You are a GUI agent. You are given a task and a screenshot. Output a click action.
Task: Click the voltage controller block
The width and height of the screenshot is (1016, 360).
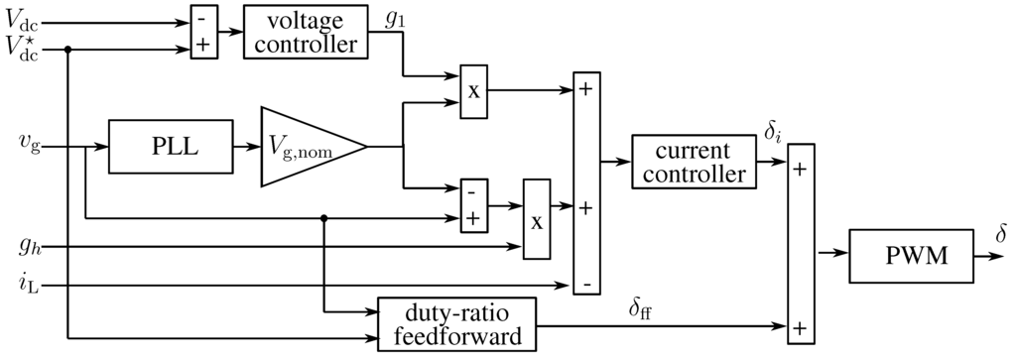click(x=305, y=32)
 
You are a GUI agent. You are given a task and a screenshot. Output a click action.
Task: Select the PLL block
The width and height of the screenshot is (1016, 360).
click(x=164, y=148)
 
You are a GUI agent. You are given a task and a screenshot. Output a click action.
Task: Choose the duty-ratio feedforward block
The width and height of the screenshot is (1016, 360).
click(x=455, y=322)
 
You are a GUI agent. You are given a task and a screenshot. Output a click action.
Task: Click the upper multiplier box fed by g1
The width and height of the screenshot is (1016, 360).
click(x=473, y=90)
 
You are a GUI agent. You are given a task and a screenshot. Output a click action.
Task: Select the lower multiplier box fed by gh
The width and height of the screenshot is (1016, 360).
click(x=537, y=220)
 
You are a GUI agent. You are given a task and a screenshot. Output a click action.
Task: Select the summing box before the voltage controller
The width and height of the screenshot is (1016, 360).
click(x=204, y=32)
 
